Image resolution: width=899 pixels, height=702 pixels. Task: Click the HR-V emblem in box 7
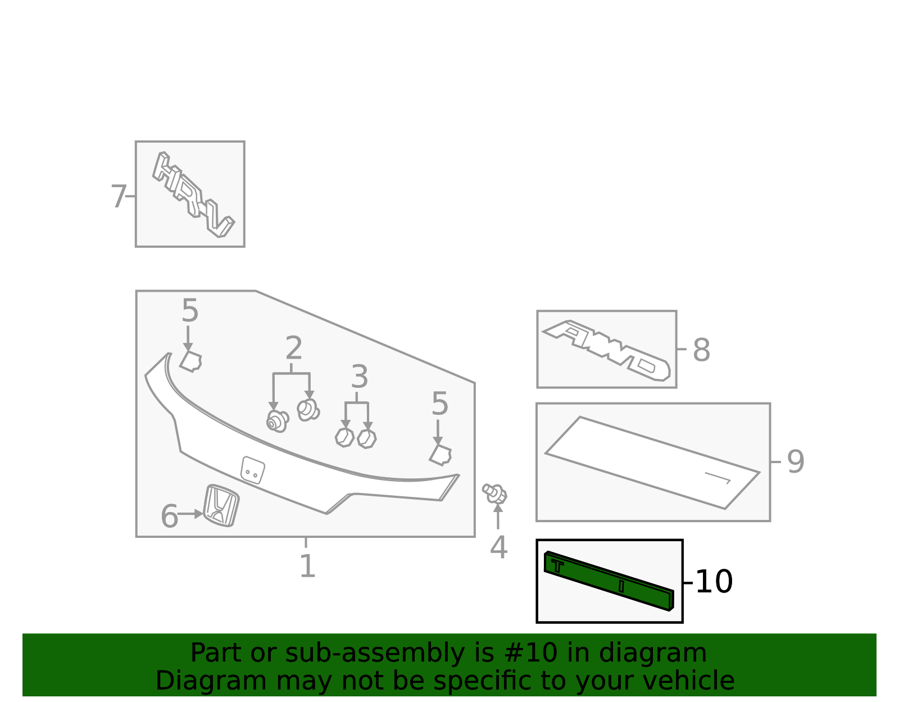click(x=193, y=194)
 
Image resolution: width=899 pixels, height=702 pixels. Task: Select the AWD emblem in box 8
click(x=606, y=350)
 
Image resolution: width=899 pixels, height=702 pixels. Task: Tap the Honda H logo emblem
click(x=221, y=506)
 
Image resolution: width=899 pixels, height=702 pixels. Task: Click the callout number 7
click(x=119, y=197)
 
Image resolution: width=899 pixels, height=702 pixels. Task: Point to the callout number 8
click(x=702, y=350)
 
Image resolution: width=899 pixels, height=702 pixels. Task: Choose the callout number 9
click(x=796, y=462)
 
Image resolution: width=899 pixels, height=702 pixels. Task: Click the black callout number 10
click(x=714, y=582)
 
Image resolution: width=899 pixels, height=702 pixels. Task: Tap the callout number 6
click(x=169, y=517)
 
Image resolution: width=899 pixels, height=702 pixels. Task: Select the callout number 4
click(x=498, y=547)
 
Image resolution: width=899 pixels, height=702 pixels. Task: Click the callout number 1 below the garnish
click(x=307, y=566)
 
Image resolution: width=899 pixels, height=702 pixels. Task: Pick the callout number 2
click(x=294, y=348)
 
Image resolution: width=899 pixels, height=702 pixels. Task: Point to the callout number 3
click(x=359, y=377)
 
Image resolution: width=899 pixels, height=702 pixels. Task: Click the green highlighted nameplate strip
click(x=609, y=581)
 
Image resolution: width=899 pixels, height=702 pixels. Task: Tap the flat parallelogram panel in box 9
click(x=652, y=463)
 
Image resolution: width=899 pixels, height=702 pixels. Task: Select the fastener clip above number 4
click(x=495, y=494)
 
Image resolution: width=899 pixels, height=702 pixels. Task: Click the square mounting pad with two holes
click(x=253, y=470)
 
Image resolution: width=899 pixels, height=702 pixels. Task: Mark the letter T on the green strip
click(x=557, y=566)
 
